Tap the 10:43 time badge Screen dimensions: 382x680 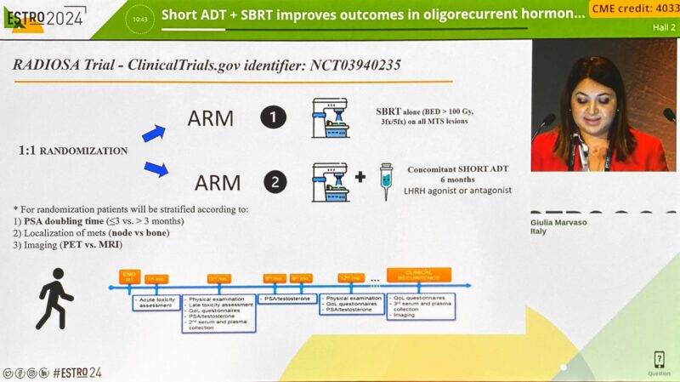pyautogui.click(x=140, y=18)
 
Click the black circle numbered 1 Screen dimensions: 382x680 pyautogui.click(x=272, y=116)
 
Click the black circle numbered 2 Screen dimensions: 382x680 pyautogui.click(x=272, y=181)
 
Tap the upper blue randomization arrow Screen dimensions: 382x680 pyautogui.click(x=154, y=132)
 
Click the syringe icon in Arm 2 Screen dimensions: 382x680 pyautogui.click(x=387, y=181)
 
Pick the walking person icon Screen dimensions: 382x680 pyautogui.click(x=54, y=299)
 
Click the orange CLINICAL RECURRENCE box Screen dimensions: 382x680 pyautogui.click(x=418, y=275)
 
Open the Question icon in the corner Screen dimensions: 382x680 pyautogui.click(x=659, y=361)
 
